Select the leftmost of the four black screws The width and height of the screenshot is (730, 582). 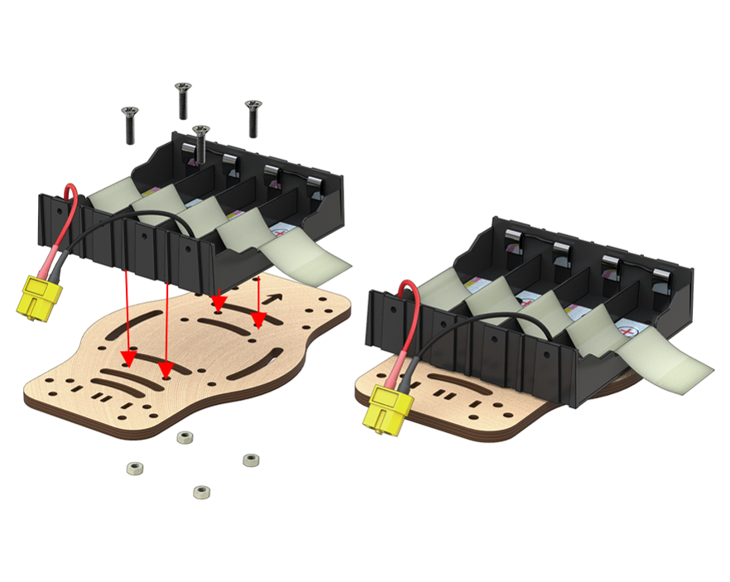129,124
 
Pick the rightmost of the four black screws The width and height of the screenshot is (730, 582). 253,117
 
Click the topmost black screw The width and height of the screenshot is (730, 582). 182,100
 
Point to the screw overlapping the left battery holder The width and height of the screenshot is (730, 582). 201,142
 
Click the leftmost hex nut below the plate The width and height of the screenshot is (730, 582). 132,469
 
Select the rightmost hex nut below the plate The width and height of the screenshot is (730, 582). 250,459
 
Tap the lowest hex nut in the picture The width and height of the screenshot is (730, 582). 200,492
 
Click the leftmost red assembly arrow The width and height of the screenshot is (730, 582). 127,315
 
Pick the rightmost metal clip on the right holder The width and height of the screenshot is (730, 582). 663,277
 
